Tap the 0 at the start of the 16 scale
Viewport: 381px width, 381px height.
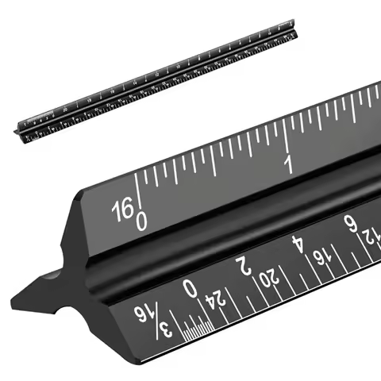[141, 218]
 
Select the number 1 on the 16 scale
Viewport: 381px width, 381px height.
[290, 164]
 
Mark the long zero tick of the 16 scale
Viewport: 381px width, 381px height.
[137, 190]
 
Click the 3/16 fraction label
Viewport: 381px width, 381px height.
[152, 316]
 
